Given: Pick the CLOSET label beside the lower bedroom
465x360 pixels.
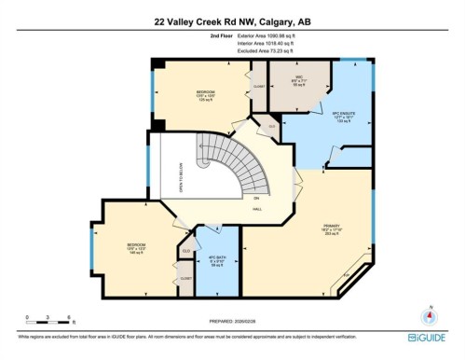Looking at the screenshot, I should click(x=186, y=278).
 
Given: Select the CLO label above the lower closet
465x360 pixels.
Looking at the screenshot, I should click(x=186, y=251).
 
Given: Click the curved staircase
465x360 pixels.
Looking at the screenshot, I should click(x=228, y=168).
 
